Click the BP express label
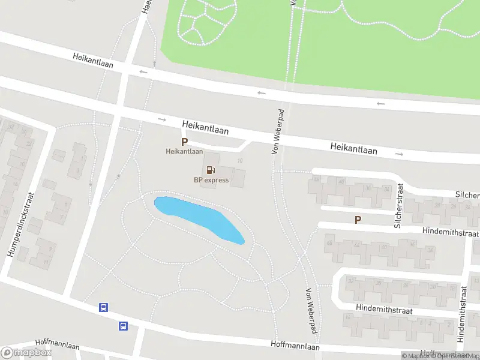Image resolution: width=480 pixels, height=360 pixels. click(211, 180)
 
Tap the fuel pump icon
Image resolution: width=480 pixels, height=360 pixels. click(211, 170)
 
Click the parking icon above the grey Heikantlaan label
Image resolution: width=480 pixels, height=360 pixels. click(185, 142)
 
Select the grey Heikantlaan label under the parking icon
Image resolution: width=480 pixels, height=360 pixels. click(185, 152)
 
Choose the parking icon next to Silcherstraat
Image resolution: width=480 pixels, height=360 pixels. click(358, 220)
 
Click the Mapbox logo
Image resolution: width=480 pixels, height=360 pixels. click(26, 353)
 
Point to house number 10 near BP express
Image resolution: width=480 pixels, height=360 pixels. click(240, 161)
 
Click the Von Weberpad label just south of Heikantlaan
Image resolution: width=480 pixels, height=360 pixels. click(277, 132)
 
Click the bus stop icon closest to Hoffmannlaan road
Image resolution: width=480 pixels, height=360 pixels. click(124, 326)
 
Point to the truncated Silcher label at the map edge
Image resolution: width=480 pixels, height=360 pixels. click(467, 196)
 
